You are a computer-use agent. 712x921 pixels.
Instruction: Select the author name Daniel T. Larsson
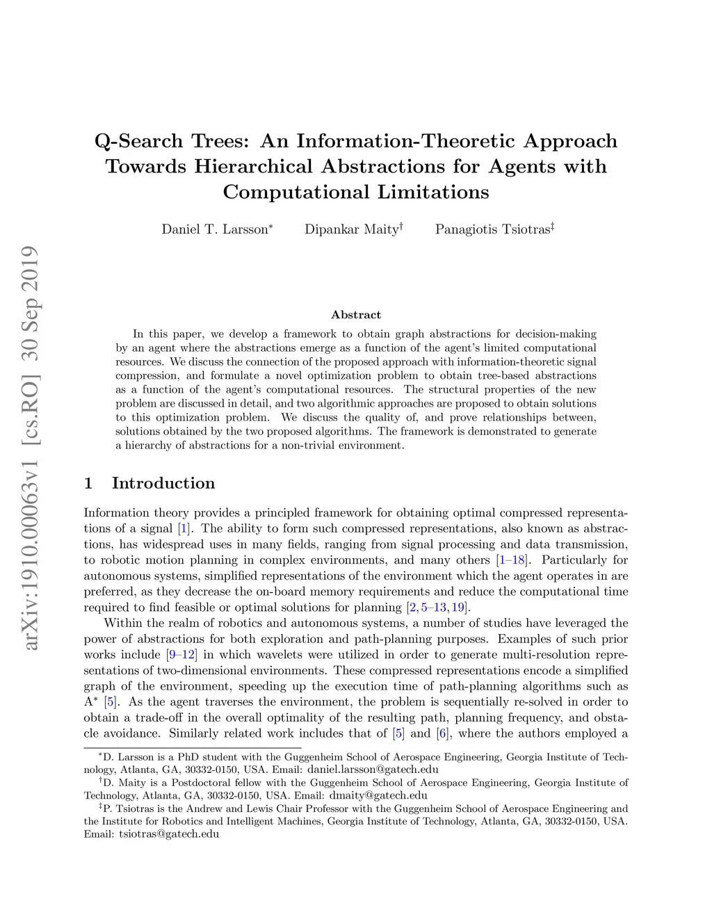(x=215, y=229)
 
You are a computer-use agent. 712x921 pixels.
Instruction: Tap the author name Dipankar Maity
(x=351, y=229)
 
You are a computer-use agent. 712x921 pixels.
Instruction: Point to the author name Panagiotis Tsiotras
(x=492, y=229)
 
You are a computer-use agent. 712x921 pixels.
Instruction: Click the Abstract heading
(x=356, y=315)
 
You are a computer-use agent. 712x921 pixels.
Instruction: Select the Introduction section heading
(x=163, y=483)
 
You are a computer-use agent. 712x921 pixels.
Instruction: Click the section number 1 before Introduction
(x=88, y=483)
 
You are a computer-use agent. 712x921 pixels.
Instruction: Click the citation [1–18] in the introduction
(x=512, y=560)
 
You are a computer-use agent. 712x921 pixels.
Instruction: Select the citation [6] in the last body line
(x=442, y=733)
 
